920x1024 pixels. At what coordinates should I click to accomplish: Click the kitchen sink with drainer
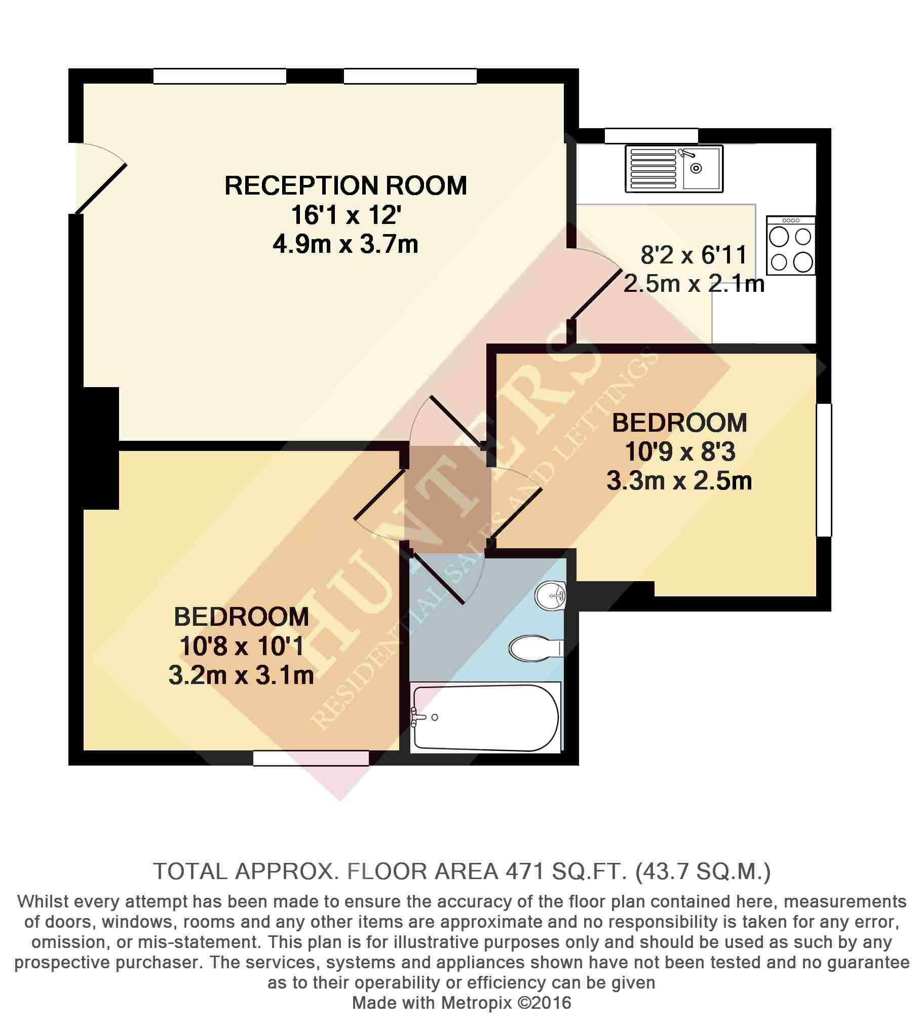click(674, 169)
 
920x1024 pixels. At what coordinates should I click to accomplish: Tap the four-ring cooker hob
click(791, 246)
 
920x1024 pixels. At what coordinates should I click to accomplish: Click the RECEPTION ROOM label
click(346, 185)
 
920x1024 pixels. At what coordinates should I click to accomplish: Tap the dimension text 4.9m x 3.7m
click(346, 245)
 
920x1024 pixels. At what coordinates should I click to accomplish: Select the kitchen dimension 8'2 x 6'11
click(694, 254)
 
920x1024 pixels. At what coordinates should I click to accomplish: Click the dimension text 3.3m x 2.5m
click(679, 481)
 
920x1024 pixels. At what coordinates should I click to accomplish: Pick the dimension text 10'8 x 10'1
click(241, 646)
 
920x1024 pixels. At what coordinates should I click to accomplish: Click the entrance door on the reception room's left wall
click(100, 178)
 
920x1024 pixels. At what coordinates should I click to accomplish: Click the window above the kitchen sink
click(651, 136)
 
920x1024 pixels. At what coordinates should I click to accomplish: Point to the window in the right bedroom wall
click(824, 470)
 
